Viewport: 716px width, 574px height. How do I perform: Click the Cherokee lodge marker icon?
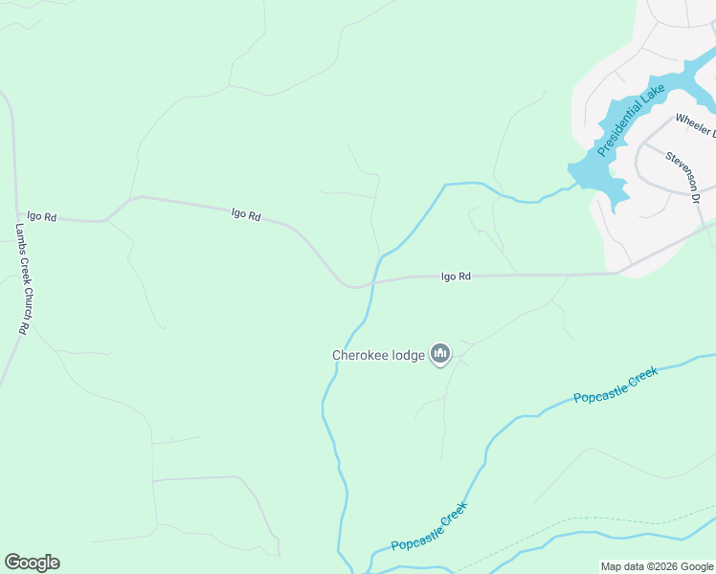pyautogui.click(x=440, y=355)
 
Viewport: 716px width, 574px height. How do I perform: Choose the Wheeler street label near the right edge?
pyautogui.click(x=695, y=125)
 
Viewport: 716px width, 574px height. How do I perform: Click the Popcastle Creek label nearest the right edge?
pyautogui.click(x=615, y=384)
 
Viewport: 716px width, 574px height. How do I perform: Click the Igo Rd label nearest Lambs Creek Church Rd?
pyautogui.click(x=41, y=217)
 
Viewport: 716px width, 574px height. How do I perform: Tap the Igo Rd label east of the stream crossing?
pyautogui.click(x=456, y=276)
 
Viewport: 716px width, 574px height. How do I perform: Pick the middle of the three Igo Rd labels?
pyautogui.click(x=246, y=215)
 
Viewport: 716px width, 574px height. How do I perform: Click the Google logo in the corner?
pyautogui.click(x=32, y=563)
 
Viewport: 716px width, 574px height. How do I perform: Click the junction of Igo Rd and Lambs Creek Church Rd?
pyautogui.click(x=16, y=214)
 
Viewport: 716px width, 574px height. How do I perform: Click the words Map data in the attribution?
pyautogui.click(x=622, y=566)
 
